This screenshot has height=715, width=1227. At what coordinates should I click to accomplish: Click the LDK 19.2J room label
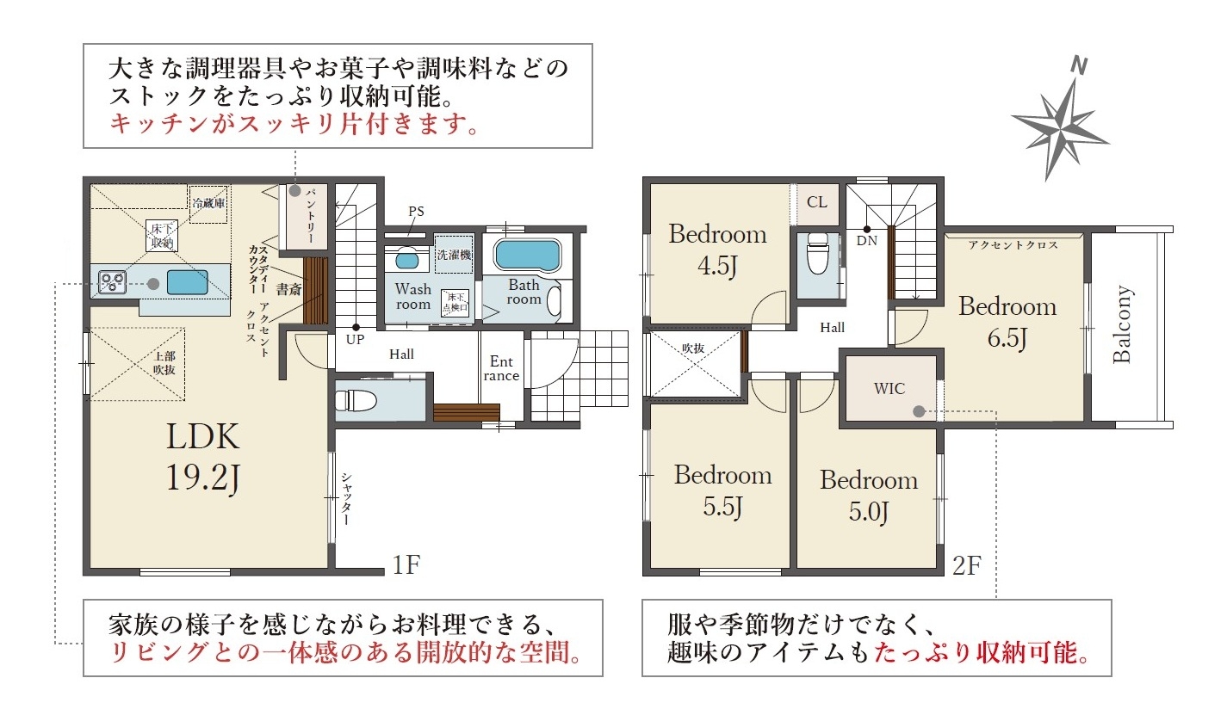[x=202, y=458]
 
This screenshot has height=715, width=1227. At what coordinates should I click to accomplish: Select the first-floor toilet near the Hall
[x=356, y=400]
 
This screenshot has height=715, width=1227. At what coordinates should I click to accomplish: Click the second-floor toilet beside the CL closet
[x=817, y=254]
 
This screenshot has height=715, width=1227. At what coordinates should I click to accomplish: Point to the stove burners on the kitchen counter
[x=112, y=282]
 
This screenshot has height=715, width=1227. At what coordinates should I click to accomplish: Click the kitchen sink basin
[x=188, y=282]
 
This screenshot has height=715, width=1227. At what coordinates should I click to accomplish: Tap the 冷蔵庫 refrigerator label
[x=208, y=203]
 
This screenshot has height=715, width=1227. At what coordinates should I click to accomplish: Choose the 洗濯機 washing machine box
[x=454, y=254]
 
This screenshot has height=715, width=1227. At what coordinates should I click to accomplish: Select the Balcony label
[x=1121, y=324]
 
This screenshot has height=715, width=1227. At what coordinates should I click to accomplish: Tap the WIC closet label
[x=889, y=389]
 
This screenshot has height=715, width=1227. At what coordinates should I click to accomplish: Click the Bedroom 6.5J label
[x=1007, y=323]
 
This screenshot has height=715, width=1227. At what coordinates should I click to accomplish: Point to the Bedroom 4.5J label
[x=717, y=250]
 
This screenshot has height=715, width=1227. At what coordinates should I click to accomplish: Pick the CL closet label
[x=817, y=202]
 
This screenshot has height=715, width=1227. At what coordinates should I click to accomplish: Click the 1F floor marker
[x=406, y=564]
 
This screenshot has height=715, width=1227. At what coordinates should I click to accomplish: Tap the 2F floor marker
[x=967, y=565]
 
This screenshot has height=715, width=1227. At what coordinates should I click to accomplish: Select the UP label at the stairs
[x=355, y=340]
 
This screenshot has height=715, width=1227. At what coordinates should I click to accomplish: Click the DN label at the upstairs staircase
[x=866, y=240]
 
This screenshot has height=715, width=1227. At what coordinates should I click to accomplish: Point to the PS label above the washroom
[x=416, y=212]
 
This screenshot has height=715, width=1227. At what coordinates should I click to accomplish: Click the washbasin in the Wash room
[x=406, y=258]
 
